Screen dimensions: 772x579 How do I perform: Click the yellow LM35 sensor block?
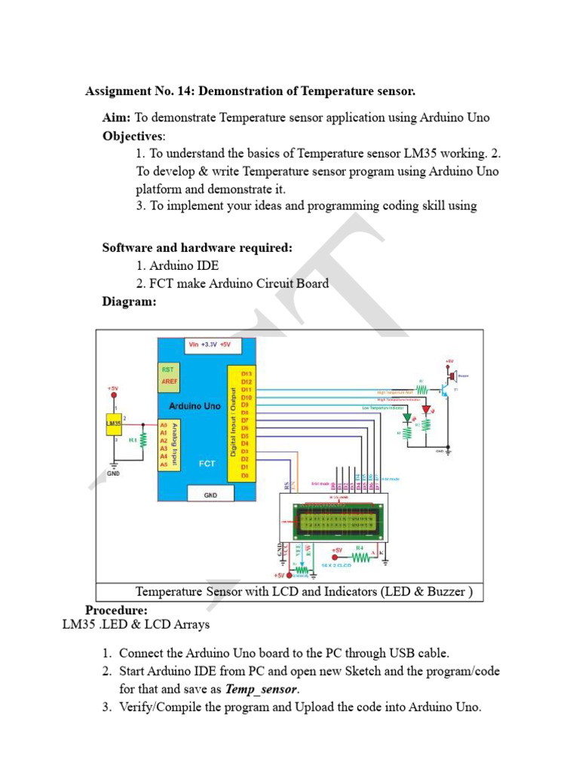click(x=113, y=424)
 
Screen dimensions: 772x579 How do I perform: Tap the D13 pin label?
click(x=246, y=373)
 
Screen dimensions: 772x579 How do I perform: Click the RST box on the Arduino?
click(x=167, y=369)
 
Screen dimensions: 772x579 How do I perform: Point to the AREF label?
click(x=169, y=382)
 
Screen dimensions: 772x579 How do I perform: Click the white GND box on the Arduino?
click(x=210, y=495)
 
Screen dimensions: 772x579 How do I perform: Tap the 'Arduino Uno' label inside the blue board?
click(x=195, y=406)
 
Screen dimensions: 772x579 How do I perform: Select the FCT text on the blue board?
click(x=207, y=463)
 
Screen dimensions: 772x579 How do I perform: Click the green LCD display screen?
click(x=335, y=520)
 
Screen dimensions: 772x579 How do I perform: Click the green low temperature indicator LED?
click(x=407, y=417)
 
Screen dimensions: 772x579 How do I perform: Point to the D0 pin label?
click(x=246, y=476)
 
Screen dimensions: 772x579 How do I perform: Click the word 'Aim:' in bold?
click(x=117, y=118)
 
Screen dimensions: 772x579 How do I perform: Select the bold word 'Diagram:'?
click(x=130, y=302)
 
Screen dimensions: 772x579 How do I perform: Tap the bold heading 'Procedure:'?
click(x=116, y=610)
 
